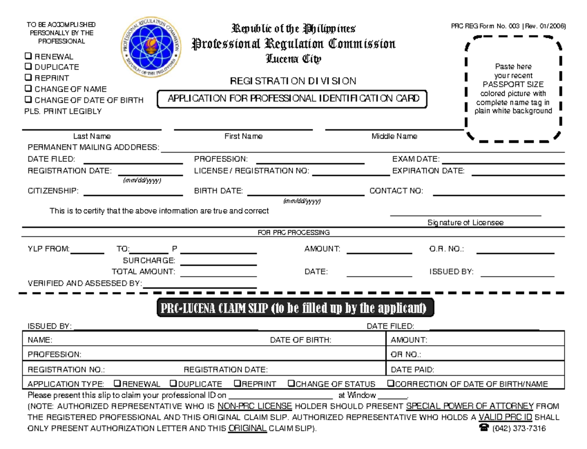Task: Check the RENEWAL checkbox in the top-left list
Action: (28, 56)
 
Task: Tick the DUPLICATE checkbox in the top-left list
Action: (28, 67)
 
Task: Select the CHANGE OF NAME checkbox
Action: (28, 89)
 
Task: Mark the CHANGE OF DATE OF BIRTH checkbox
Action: (28, 100)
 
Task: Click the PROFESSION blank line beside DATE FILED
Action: (310, 161)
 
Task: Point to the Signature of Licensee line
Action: (465, 214)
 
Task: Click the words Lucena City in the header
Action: (293, 59)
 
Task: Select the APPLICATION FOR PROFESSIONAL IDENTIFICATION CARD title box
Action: (293, 98)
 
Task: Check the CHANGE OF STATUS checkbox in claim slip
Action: (291, 384)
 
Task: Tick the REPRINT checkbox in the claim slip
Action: (237, 384)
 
